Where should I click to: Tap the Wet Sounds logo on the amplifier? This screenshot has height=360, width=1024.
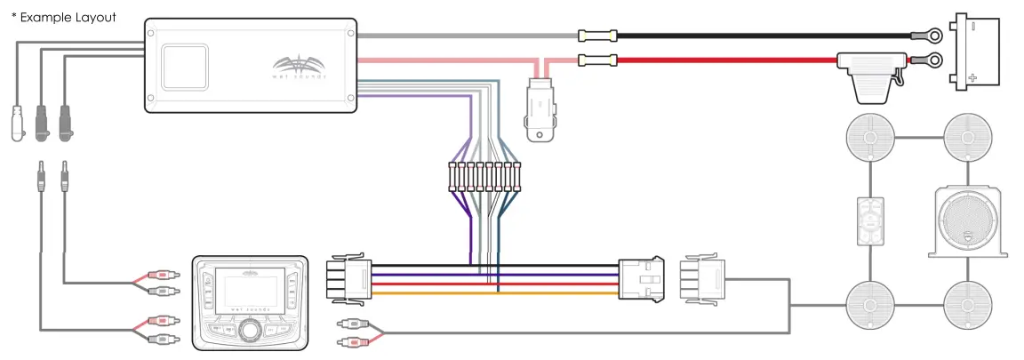pyautogui.click(x=300, y=69)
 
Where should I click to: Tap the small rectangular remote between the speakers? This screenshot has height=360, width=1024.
pyautogui.click(x=868, y=220)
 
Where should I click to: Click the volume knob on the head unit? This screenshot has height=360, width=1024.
pyautogui.click(x=250, y=331)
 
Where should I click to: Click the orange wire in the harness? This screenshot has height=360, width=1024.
pyautogui.click(x=498, y=292)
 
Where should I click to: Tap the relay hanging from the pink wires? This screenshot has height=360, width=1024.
pyautogui.click(x=540, y=109)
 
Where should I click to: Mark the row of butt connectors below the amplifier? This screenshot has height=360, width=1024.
pyautogui.click(x=484, y=178)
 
